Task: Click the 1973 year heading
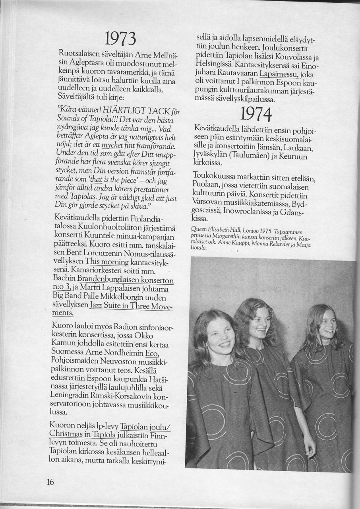[x=120, y=38]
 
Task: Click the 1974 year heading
[x=255, y=115]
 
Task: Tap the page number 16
[x=50, y=482]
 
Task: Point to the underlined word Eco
[x=152, y=354]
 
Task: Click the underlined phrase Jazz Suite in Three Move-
[x=131, y=305]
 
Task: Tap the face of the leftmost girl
[x=220, y=337]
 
